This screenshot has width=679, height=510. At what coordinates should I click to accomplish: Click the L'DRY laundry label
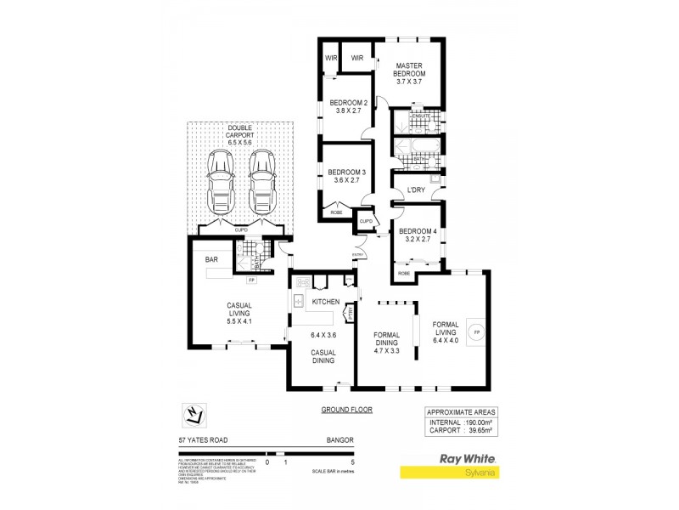tap(415, 189)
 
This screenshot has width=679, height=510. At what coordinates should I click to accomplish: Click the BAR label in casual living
tap(211, 258)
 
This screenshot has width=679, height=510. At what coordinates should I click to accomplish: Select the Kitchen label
tap(326, 302)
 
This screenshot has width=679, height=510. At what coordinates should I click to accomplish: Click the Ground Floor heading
tap(347, 410)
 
